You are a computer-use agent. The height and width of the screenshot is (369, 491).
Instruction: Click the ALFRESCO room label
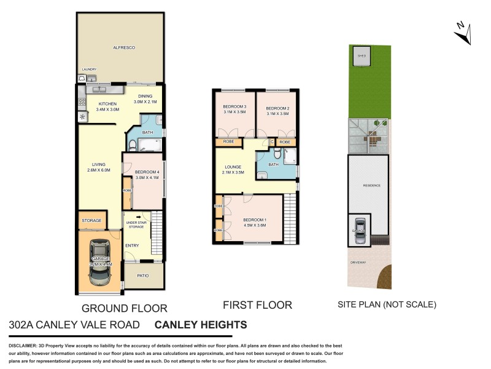(123, 47)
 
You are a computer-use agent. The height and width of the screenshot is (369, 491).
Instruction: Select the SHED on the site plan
(362, 56)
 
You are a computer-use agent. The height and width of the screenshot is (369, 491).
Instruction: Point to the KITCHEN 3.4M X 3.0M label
(107, 107)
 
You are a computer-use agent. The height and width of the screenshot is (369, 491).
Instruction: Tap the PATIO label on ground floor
(144, 276)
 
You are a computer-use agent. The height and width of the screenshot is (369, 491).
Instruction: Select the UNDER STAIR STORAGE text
(136, 225)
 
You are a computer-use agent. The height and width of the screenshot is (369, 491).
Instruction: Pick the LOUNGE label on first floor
(233, 169)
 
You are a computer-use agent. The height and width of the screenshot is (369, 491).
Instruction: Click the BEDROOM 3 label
(234, 110)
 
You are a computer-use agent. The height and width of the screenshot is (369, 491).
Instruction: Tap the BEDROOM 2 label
(277, 110)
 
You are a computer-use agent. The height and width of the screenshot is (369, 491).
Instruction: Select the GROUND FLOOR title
(125, 307)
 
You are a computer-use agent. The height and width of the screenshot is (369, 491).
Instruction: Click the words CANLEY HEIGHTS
(201, 325)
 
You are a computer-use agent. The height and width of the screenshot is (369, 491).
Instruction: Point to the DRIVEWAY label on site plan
(358, 263)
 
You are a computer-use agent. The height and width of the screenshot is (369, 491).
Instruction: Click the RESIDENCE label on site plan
(372, 185)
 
